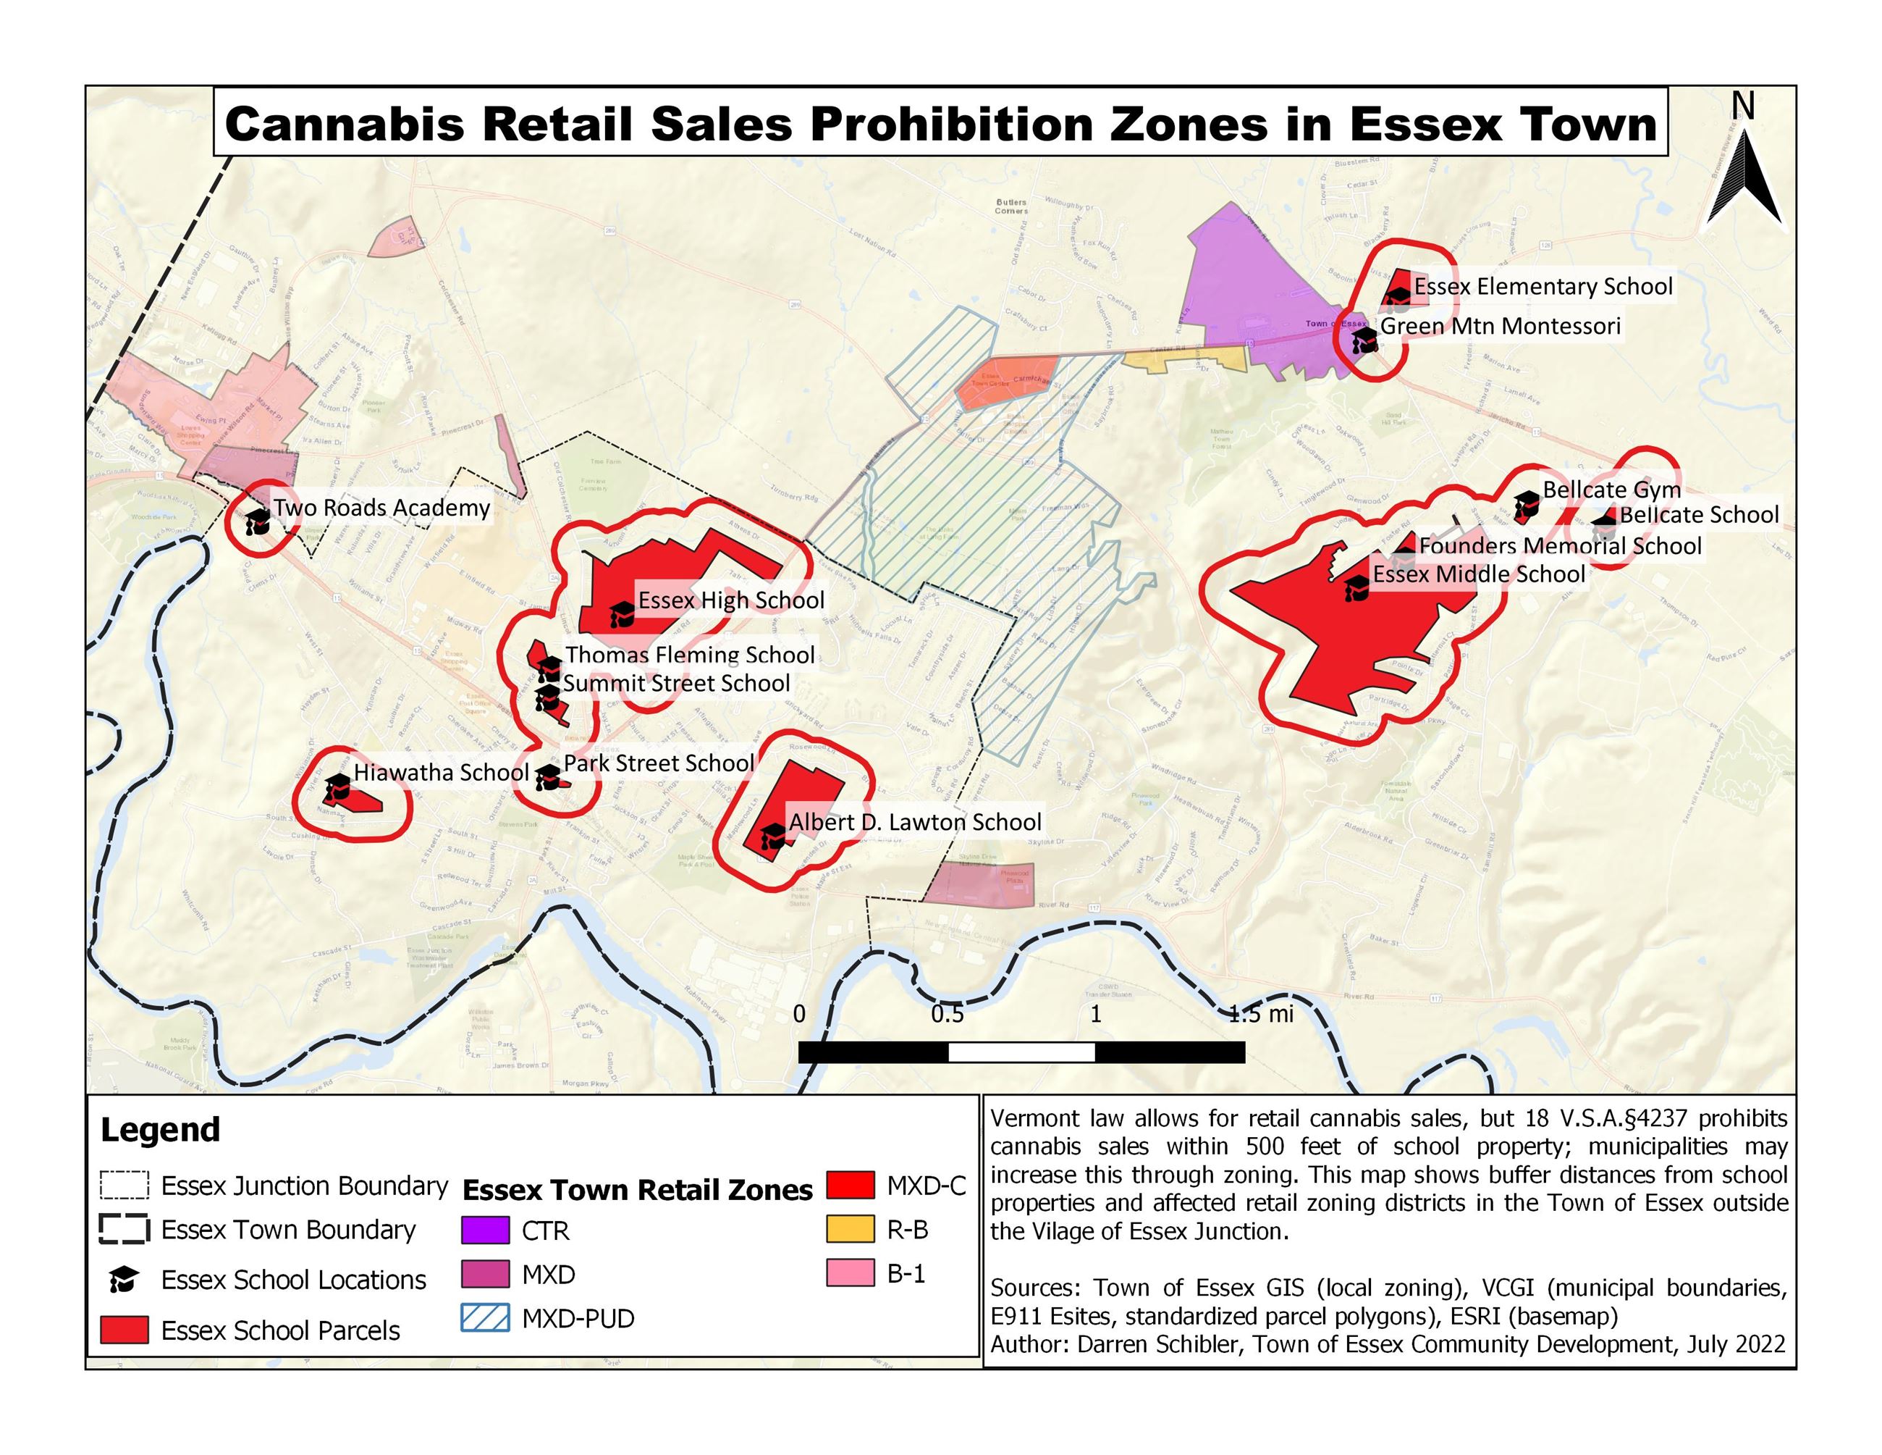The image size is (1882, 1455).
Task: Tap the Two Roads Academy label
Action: pyautogui.click(x=381, y=508)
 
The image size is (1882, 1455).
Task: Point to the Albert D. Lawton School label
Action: pyautogui.click(x=915, y=822)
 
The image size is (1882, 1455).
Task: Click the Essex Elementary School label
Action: pyautogui.click(x=1543, y=286)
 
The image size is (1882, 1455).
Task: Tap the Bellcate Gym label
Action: pyautogui.click(x=1611, y=490)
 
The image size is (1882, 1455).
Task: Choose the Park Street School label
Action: pyautogui.click(x=659, y=763)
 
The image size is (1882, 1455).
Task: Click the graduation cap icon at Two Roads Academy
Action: pyautogui.click(x=258, y=520)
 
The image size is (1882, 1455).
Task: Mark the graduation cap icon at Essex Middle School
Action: pyautogui.click(x=1357, y=588)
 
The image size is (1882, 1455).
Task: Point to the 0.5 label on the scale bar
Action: pyautogui.click(x=947, y=1015)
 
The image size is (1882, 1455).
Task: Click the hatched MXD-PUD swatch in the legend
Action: pyautogui.click(x=485, y=1319)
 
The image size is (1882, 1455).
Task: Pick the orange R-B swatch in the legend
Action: pyautogui.click(x=851, y=1230)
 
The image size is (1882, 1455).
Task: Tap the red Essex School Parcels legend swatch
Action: pyautogui.click(x=124, y=1330)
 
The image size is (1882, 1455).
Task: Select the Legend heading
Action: pyautogui.click(x=160, y=1130)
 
